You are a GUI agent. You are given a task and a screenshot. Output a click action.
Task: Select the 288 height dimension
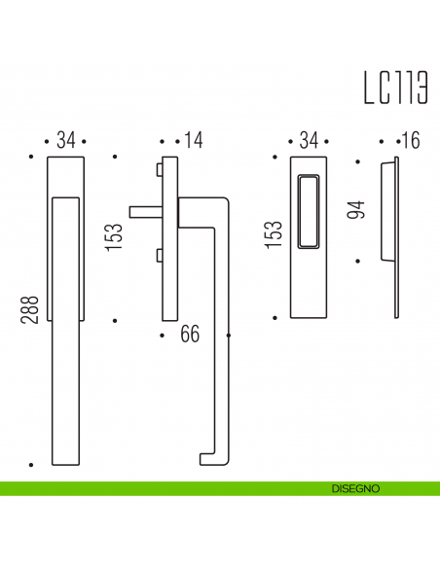pyautogui.click(x=28, y=309)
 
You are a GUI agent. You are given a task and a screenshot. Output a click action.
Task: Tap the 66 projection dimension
pyautogui.click(x=190, y=335)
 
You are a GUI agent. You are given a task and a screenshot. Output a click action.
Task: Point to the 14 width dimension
pyautogui.click(x=193, y=141)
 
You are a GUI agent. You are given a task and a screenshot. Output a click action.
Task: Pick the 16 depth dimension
pyautogui.click(x=409, y=141)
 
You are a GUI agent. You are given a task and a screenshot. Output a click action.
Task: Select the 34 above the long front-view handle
pyautogui.click(x=65, y=141)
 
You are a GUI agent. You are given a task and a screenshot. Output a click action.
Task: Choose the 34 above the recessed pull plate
pyautogui.click(x=310, y=141)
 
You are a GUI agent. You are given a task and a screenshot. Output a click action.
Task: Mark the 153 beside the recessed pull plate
pyautogui.click(x=275, y=236)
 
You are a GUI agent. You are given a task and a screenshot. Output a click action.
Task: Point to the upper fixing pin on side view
pyautogui.click(x=158, y=171)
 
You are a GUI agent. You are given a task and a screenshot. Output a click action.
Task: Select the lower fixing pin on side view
pyautogui.click(x=158, y=257)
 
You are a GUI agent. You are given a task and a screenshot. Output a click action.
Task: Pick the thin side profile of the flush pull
pyautogui.click(x=395, y=236)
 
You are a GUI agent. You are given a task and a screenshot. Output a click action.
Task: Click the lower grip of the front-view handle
pyautogui.click(x=65, y=389)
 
